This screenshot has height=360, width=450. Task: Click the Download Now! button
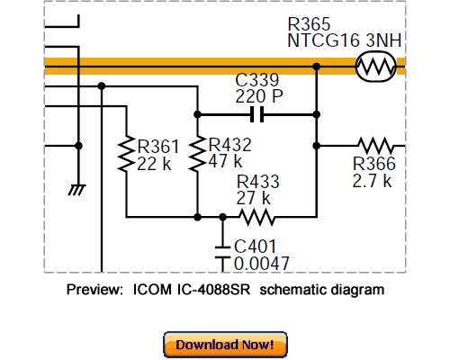coord(225,345)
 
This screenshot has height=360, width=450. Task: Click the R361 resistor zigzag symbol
coord(126,155)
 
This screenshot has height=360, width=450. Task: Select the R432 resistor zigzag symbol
coord(197,155)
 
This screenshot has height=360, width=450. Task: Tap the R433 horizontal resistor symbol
coord(255,216)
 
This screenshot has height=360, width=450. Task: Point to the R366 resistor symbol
coord(377,144)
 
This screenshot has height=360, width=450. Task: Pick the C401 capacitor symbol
coord(222,252)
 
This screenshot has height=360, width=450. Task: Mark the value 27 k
coord(254,197)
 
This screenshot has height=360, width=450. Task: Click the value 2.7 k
coord(372,180)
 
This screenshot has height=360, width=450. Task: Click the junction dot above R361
coord(102,86)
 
